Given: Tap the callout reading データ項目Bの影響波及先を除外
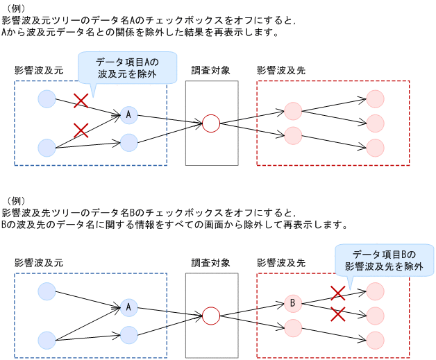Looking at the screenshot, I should [384, 260].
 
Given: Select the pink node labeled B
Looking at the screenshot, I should [293, 303].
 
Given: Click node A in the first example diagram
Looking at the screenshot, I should [129, 114].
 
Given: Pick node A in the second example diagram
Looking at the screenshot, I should [129, 306].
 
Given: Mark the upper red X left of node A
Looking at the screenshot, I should [81, 101].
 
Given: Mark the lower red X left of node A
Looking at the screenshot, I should [81, 130].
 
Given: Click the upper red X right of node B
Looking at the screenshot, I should [337, 293].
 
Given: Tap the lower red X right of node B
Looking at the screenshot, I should [337, 314].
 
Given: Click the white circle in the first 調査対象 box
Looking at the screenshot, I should [210, 123].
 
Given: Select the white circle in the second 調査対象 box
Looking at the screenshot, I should [210, 316].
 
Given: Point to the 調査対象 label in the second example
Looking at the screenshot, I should [211, 263].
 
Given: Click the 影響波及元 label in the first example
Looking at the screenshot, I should [38, 71].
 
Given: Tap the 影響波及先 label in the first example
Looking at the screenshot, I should [280, 71].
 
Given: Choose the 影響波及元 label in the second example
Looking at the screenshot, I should [38, 263].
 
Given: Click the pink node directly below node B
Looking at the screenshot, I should [293, 327].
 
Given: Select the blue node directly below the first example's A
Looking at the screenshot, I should [129, 143].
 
